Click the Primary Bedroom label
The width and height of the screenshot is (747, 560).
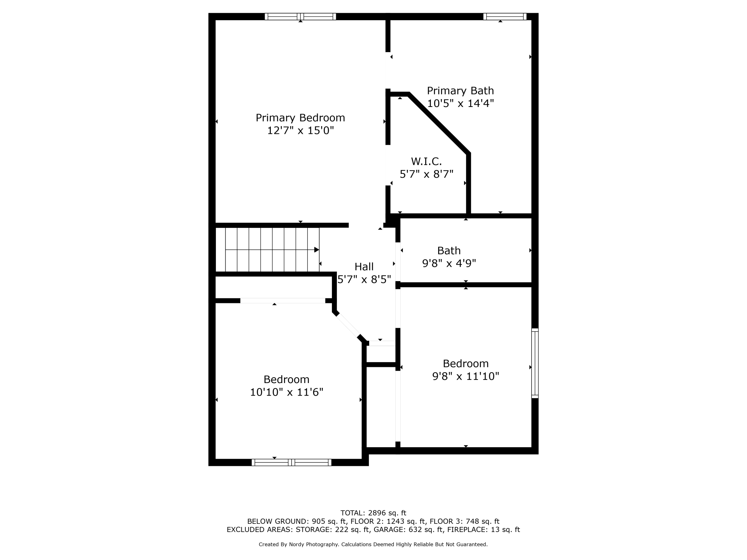click(x=300, y=118)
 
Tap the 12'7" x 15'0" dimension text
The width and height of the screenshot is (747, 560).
click(x=301, y=130)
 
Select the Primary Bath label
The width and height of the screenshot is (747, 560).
click(x=460, y=91)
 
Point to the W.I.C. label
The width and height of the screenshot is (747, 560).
click(x=426, y=161)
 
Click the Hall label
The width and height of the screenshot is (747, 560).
click(x=364, y=267)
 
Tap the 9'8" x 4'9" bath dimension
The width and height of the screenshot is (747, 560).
click(x=449, y=263)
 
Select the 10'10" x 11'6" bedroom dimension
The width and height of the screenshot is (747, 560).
click(x=287, y=392)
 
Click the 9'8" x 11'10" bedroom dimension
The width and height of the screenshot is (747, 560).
click(x=466, y=376)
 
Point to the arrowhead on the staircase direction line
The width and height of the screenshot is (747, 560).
click(x=316, y=250)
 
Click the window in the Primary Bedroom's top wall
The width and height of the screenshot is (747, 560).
click(x=300, y=17)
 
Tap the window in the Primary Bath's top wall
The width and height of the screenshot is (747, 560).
click(x=505, y=17)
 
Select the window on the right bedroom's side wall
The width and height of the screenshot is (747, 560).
click(x=535, y=363)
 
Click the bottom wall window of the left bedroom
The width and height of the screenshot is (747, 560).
click(x=291, y=462)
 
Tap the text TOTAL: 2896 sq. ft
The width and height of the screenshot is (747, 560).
click(x=373, y=513)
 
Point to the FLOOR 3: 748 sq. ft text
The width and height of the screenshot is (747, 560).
click(x=464, y=521)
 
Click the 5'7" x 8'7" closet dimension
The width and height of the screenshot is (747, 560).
click(x=427, y=174)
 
